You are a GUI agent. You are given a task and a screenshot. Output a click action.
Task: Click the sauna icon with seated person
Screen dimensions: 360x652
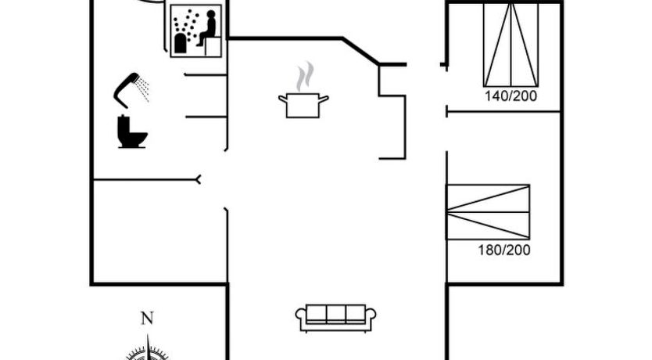(197, 31)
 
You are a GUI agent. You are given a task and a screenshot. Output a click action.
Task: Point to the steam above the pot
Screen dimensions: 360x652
(304, 77)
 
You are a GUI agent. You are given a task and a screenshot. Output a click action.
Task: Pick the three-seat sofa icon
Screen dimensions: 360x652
(336, 315)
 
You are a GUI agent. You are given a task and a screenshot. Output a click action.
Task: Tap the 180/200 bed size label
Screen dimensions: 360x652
(503, 250)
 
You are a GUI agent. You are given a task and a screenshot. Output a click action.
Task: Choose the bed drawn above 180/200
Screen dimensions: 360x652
(488, 212)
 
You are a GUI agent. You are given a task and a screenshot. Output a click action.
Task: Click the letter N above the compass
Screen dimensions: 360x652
(146, 319)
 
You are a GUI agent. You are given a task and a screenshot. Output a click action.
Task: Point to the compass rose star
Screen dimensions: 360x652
(148, 351)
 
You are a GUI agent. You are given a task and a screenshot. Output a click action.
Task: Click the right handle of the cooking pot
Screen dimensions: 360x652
(324, 98)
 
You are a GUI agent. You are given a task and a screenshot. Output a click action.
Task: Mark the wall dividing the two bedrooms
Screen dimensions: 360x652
(503, 113)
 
